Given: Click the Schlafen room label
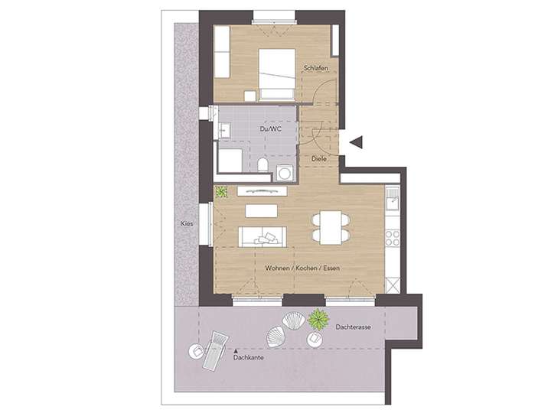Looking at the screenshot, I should click(x=315, y=69).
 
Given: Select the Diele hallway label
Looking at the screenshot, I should click(x=320, y=159).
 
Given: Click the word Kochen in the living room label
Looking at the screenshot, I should click(x=303, y=268).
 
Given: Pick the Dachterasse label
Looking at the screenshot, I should click(x=353, y=327).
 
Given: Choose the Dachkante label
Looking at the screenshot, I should click(x=249, y=357).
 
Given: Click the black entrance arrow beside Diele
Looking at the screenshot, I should click(x=354, y=141).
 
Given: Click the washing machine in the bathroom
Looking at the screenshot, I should click(x=285, y=173).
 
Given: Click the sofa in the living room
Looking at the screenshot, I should click(x=263, y=236).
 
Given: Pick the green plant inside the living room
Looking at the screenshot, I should click(x=222, y=192).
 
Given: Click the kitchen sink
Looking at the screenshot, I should click(x=393, y=203).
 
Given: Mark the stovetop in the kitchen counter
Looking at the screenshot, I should click(x=393, y=237).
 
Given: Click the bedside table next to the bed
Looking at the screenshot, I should click(x=249, y=96).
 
